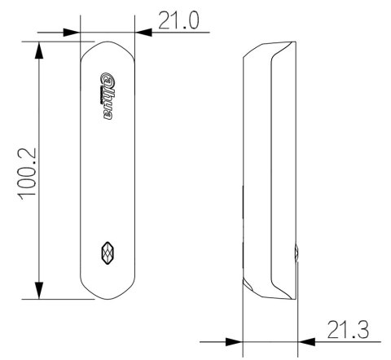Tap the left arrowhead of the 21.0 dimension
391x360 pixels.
(72, 33)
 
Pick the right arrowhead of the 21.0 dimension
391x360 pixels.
(143, 33)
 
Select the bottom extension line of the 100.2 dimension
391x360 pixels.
(61, 300)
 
